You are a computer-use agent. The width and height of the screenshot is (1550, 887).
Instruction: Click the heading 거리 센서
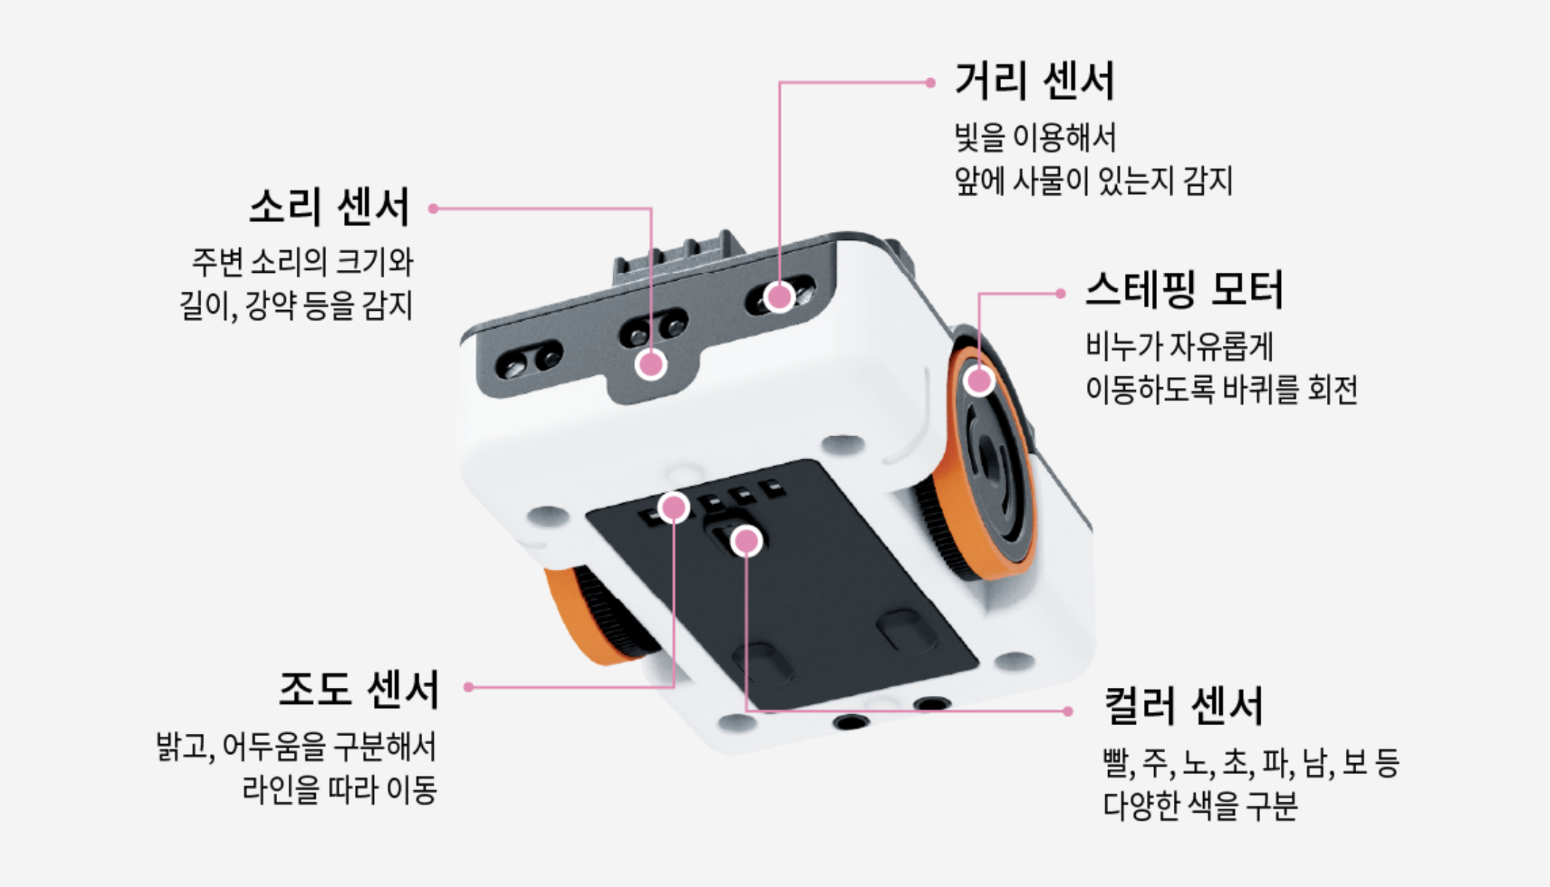1035,81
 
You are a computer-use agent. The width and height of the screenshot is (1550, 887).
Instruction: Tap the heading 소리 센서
330,207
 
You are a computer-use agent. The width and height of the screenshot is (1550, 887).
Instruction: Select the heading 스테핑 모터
1184,290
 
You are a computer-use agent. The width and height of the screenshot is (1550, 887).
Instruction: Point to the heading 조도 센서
359,689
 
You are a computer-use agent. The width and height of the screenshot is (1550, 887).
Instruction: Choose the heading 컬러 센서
1183,706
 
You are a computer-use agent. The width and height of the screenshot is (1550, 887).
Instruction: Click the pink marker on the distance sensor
779,297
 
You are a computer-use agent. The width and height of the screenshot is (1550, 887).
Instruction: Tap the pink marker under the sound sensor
650,364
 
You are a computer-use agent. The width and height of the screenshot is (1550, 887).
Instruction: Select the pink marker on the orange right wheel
978,380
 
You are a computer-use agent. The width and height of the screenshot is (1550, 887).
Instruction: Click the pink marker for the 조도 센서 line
674,508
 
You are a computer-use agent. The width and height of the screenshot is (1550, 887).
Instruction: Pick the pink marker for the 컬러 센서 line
746,541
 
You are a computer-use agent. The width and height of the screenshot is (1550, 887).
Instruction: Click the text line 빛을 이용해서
1035,138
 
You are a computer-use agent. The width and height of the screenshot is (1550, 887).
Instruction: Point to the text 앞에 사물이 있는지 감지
1094,182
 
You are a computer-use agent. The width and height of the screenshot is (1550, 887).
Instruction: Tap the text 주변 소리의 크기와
303,263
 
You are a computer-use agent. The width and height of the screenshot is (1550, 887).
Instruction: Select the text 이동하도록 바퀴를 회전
1222,390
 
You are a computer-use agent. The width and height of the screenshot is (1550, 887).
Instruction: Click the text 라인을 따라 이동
340,790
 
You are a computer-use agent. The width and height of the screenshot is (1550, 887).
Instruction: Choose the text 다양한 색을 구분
1200,807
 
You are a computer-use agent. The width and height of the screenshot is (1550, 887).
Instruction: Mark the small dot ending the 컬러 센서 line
1068,711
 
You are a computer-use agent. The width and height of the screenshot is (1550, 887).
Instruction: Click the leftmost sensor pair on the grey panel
529,360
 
